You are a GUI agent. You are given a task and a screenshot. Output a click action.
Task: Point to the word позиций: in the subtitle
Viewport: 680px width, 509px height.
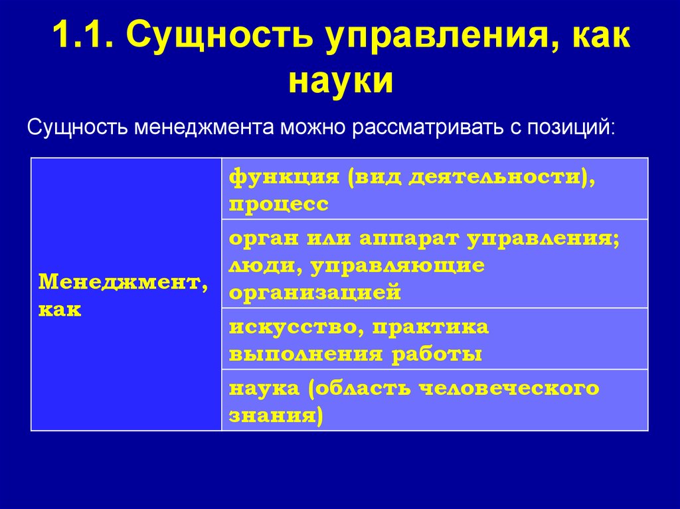tap(572, 127)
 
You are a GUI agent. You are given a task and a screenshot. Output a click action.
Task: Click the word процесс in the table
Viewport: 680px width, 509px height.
tap(279, 204)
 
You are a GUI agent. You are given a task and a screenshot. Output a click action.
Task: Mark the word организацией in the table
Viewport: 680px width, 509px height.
tap(315, 292)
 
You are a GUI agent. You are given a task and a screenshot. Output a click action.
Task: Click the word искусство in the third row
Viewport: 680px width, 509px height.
tap(296, 327)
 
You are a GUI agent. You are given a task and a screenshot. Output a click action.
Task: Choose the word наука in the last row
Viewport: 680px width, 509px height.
tap(264, 389)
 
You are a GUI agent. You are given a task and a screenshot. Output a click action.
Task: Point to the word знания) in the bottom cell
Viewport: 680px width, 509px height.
tap(276, 415)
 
